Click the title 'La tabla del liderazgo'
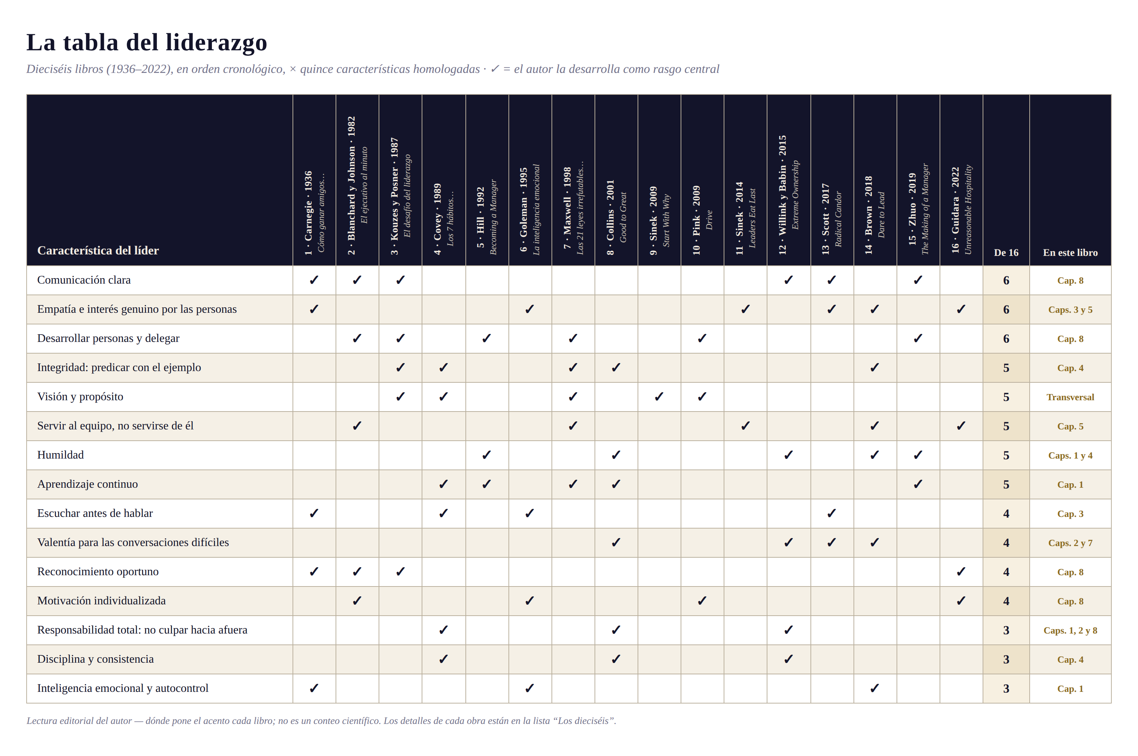coord(147,42)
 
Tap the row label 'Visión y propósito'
coord(80,397)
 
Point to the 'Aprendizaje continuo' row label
coord(87,484)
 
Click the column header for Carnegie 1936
coord(314,213)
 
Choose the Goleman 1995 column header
coord(530,210)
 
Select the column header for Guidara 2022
coord(961,210)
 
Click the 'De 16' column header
coord(1006,253)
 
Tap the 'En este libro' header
coord(1070,253)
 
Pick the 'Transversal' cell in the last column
coord(1070,397)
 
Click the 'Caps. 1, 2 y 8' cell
coord(1070,631)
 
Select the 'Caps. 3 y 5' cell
coord(1070,309)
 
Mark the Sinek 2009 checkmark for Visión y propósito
coord(659,397)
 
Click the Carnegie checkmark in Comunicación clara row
coord(314,280)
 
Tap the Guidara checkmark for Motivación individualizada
coord(961,601)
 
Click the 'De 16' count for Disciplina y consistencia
coord(1006,659)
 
